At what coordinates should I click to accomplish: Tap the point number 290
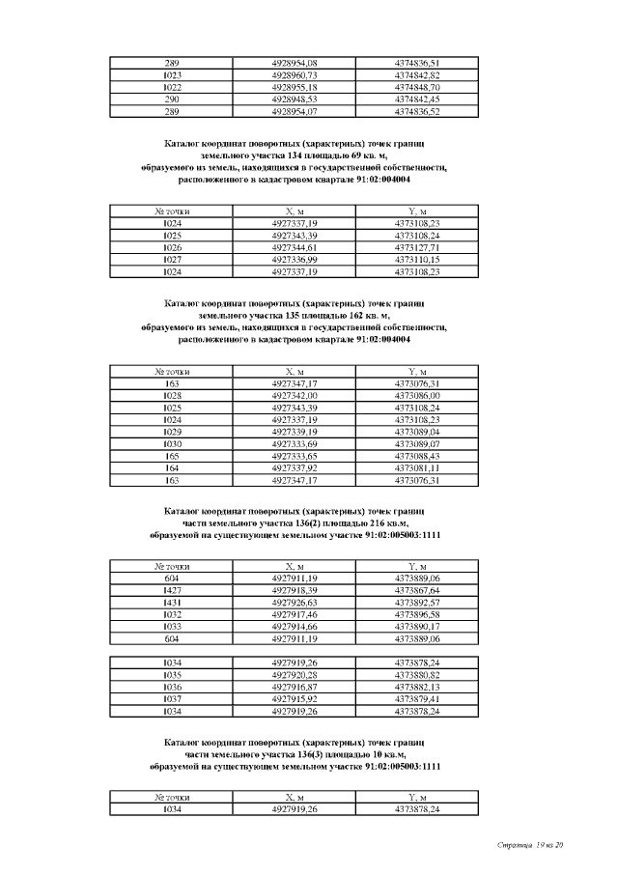click(173, 99)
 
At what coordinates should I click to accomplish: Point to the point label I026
click(173, 247)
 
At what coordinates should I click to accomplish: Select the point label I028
click(173, 395)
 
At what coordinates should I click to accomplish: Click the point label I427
click(173, 590)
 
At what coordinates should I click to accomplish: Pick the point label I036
click(173, 687)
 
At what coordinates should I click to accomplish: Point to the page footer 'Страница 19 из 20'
click(530, 846)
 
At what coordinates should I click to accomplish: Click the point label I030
click(173, 443)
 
